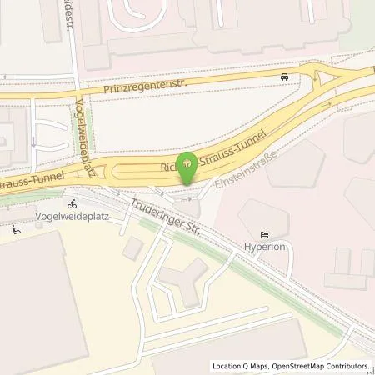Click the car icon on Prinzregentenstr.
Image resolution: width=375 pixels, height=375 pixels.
pyautogui.click(x=285, y=77)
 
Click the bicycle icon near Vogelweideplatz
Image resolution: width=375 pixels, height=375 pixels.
pyautogui.click(x=72, y=203)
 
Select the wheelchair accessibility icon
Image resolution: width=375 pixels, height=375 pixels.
pyautogui.click(x=16, y=229)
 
